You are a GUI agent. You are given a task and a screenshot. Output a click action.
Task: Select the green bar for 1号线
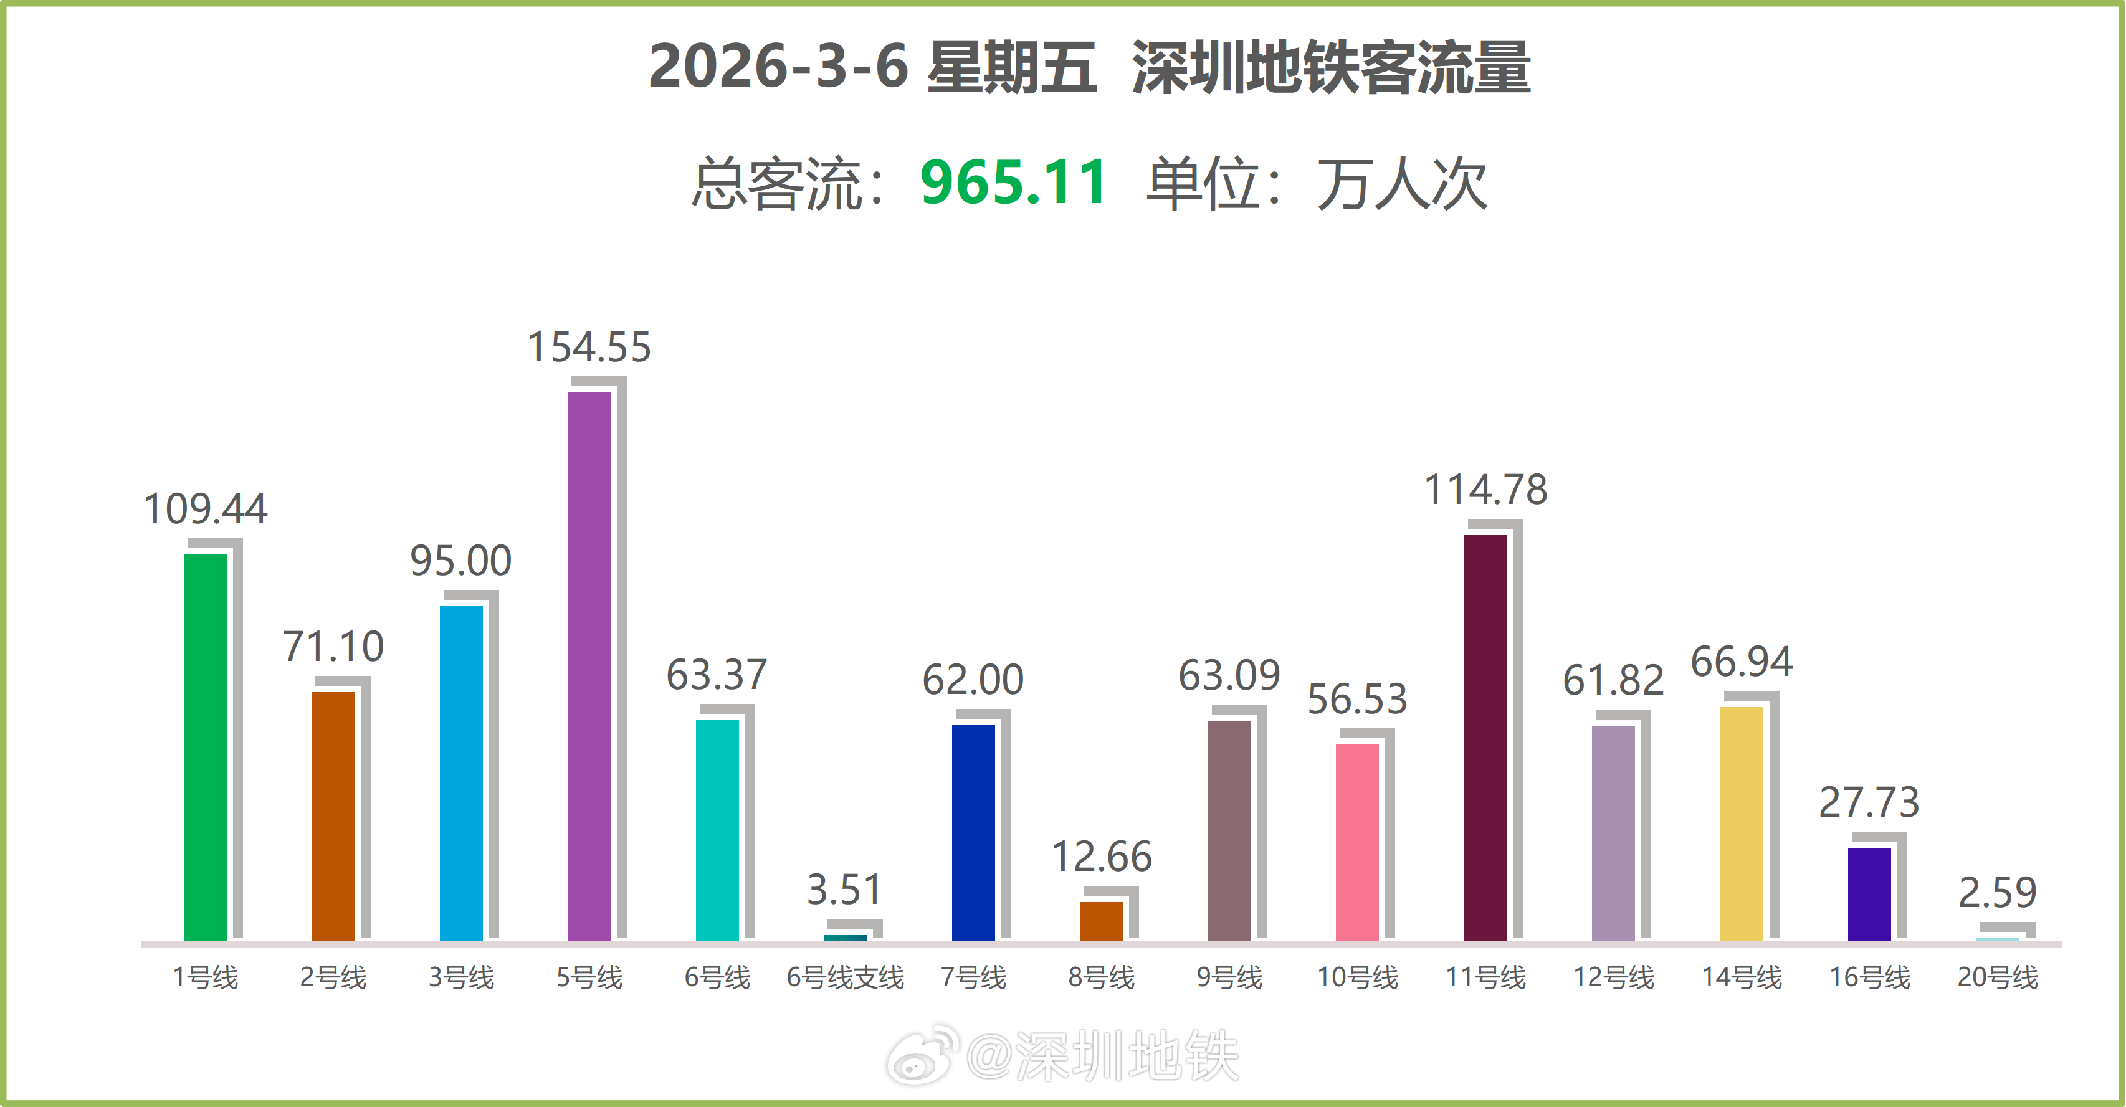[204, 746]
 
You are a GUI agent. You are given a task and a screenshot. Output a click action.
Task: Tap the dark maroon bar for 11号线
[1485, 738]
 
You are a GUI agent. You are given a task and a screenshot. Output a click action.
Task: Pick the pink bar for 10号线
[1357, 842]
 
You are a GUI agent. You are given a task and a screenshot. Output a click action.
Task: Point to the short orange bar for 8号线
[1101, 921]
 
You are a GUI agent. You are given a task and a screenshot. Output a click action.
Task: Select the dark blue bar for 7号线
[973, 832]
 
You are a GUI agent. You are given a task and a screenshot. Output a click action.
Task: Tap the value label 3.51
[844, 889]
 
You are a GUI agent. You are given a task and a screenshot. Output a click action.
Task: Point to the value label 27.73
[1869, 802]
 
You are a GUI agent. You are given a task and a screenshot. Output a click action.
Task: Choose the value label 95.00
[460, 561]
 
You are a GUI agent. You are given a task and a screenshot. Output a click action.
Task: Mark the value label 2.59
[1997, 893]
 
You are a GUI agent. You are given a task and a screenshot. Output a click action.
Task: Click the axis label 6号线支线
[844, 977]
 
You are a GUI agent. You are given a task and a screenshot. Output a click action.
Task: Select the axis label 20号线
[1997, 977]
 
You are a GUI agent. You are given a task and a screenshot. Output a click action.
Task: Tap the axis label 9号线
[1229, 977]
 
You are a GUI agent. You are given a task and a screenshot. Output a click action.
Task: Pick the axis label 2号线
[333, 977]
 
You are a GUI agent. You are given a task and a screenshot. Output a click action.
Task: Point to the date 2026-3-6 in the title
[778, 67]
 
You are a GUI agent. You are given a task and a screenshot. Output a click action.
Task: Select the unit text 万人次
[1401, 184]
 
